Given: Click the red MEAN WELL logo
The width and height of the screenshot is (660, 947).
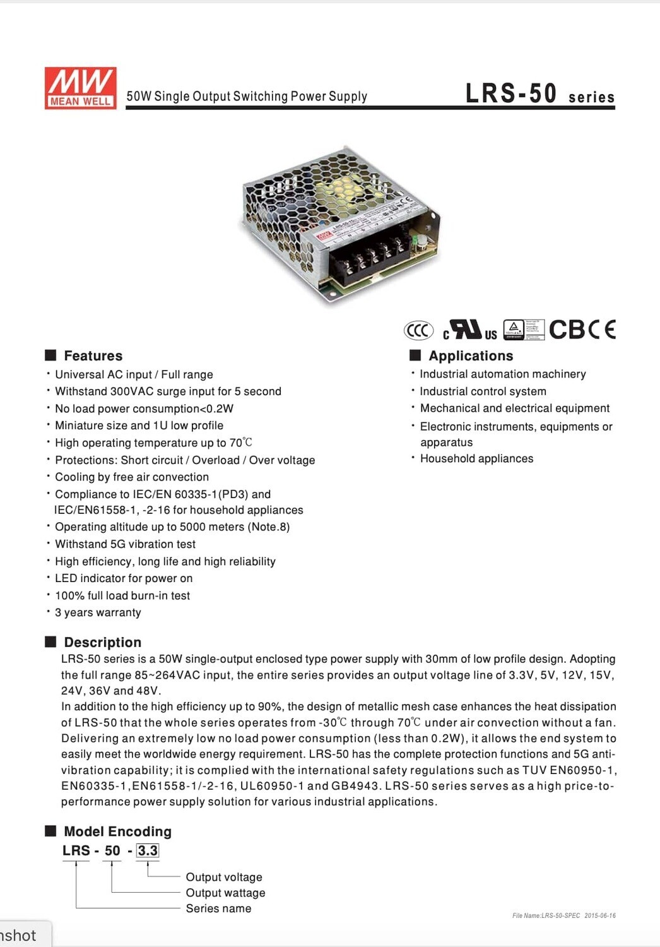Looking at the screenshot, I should tap(80, 88).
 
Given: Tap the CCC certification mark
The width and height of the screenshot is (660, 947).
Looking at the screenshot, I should tap(418, 330).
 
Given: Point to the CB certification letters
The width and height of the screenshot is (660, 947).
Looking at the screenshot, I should tap(567, 330).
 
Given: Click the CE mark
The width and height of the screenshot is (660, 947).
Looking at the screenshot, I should tap(602, 330).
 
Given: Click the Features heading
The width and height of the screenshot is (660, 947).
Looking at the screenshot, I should tap(93, 355).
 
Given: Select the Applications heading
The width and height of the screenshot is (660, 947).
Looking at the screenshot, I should tap(471, 355).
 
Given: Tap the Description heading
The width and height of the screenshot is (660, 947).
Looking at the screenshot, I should tap(102, 642).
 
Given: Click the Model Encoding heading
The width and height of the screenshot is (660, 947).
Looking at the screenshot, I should tap(117, 831).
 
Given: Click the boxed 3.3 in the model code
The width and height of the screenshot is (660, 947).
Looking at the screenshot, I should tap(148, 850).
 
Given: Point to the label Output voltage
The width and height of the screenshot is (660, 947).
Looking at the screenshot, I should tap(224, 877).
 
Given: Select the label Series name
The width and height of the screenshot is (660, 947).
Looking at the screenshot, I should tap(218, 908).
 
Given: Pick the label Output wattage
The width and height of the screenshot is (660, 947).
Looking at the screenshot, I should tap(225, 893).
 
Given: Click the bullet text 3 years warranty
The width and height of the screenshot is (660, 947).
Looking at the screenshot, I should tap(98, 612).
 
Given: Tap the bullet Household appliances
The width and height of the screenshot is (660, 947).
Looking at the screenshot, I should tap(476, 458).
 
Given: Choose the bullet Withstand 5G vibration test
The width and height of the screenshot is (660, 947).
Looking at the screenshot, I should tap(125, 544).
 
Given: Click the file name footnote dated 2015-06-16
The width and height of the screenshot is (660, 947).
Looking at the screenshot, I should tap(563, 915).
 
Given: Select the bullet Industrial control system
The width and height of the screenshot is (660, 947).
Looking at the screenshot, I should tap(483, 391).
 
